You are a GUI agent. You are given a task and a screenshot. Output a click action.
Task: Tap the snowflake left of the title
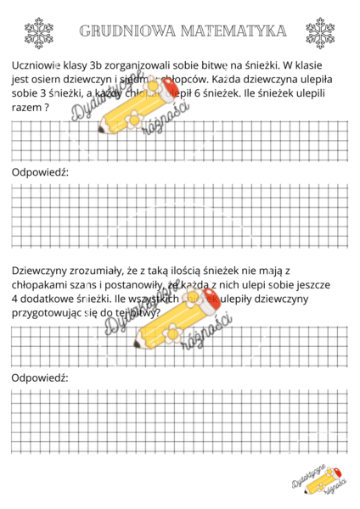pyautogui.click(x=38, y=33)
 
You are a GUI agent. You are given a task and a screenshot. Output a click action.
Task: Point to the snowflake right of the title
pyautogui.click(x=320, y=33)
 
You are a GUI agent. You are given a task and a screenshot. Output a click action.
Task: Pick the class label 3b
pyautogui.click(x=103, y=66)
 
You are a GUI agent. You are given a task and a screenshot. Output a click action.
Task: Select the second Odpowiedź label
pyautogui.click(x=40, y=377)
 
